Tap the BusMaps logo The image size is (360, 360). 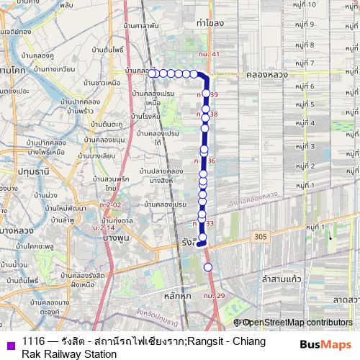click(x=326, y=344)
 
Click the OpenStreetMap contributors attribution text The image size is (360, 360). click(x=296, y=323)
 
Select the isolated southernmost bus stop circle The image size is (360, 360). click(x=208, y=267)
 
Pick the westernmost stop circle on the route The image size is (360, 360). click(x=153, y=73)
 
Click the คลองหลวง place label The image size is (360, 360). click(x=266, y=74)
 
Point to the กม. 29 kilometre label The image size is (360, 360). click(x=215, y=295)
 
